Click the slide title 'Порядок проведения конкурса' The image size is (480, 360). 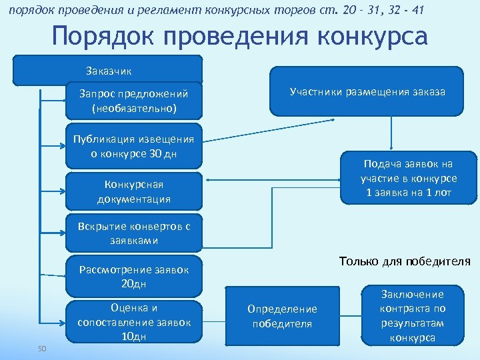[239, 37]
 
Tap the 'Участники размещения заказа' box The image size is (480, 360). [367, 92]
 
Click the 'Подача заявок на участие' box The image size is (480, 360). [409, 178]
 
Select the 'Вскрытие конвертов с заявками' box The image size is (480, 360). [135, 233]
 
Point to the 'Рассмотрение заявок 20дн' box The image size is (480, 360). [135, 276]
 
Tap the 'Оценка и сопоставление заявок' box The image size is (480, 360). [135, 322]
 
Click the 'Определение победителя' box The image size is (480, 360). [283, 316]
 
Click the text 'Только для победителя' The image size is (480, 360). [405, 261]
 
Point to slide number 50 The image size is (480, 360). [42, 348]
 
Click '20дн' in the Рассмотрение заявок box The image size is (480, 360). [135, 284]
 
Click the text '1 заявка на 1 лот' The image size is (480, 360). [409, 193]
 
